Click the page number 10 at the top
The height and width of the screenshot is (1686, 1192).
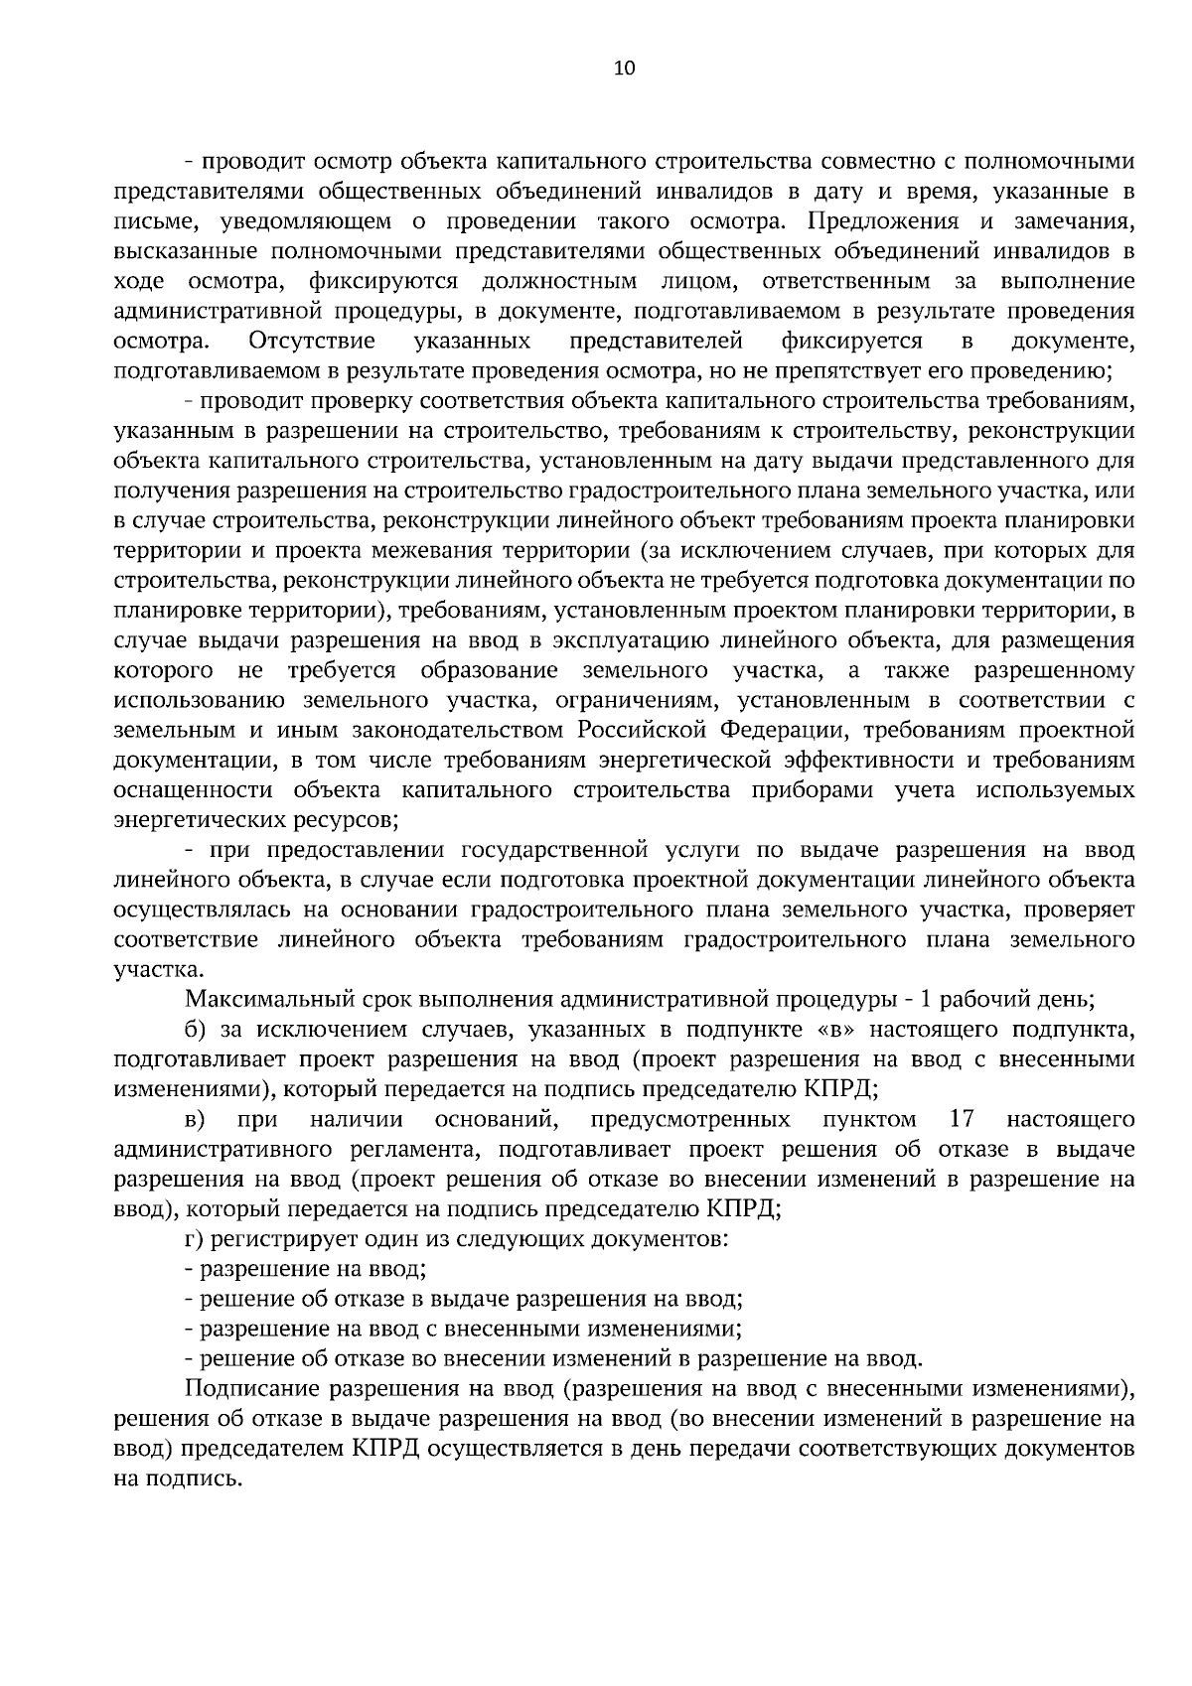pos(623,69)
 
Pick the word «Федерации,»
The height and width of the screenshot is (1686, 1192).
pos(784,731)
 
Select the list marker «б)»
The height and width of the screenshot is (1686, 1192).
pos(195,1030)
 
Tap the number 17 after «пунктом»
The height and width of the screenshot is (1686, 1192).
pos(961,1120)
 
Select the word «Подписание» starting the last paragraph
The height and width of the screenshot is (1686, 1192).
pos(250,1388)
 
